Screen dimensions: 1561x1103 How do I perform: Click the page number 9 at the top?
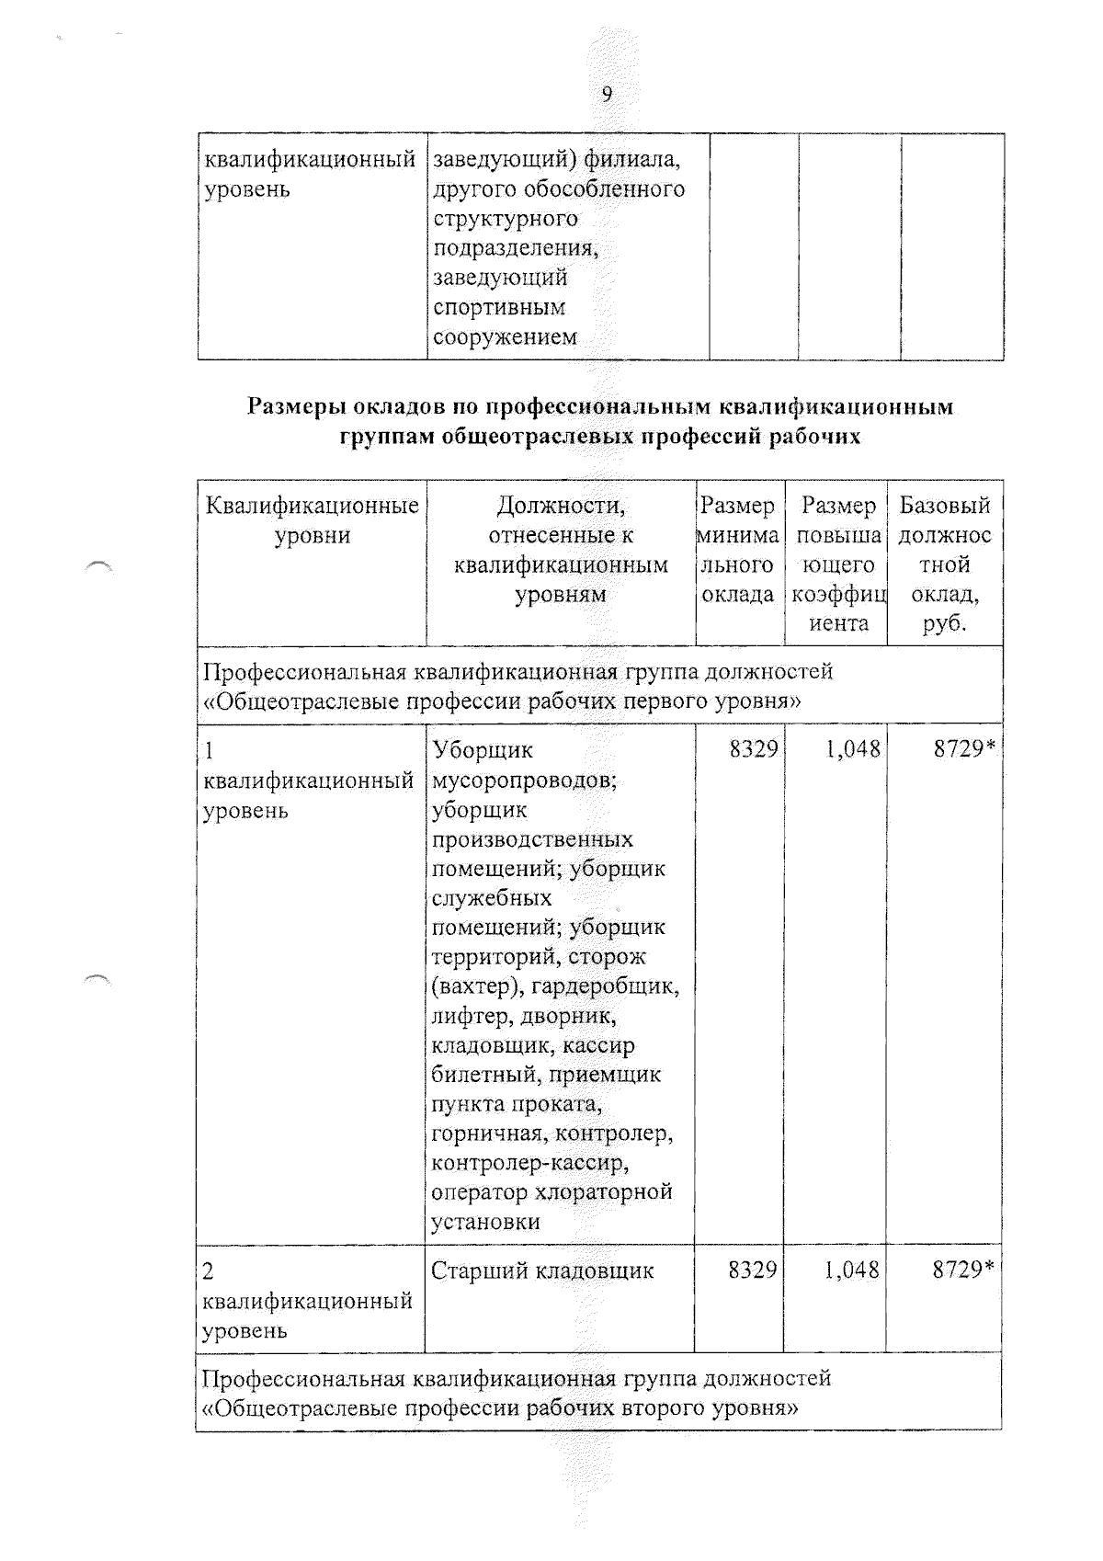[607, 95]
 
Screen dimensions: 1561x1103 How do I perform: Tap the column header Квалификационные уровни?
[312, 520]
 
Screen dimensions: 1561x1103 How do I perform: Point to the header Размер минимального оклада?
[737, 550]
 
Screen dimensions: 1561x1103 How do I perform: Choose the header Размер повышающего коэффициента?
[838, 564]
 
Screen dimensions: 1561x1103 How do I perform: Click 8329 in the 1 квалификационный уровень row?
[753, 750]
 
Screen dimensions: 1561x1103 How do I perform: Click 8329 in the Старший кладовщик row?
[752, 1270]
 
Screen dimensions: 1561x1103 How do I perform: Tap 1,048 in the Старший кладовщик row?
[851, 1270]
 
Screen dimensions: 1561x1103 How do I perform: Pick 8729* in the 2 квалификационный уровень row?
[963, 1270]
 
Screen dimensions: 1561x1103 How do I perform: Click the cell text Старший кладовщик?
[542, 1270]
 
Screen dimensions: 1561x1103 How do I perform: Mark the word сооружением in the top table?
[505, 336]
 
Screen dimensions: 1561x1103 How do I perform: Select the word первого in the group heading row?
[678, 701]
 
